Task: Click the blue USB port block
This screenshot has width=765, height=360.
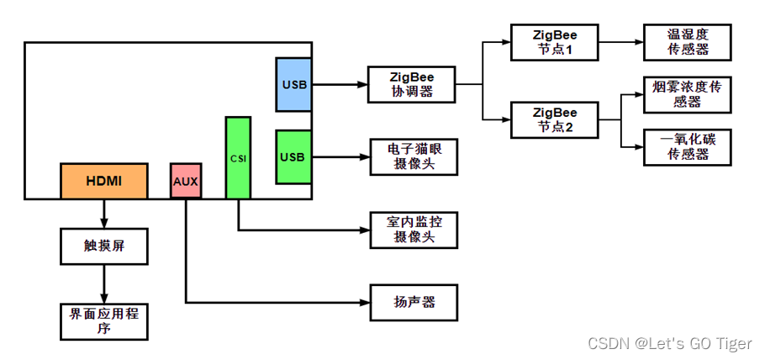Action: [x=293, y=84]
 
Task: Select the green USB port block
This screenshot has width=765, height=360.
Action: [x=293, y=156]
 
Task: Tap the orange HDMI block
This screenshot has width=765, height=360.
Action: [x=103, y=181]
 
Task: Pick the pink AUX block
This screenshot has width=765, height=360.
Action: [x=186, y=181]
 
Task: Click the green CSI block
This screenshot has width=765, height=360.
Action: [x=238, y=157]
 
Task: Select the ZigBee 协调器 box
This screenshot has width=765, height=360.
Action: [x=413, y=84]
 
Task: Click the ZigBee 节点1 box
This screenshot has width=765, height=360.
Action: [x=555, y=42]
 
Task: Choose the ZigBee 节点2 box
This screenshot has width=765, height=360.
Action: [x=555, y=119]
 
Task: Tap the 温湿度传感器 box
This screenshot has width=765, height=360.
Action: [x=687, y=42]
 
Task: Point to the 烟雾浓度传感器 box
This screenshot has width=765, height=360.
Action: [x=687, y=94]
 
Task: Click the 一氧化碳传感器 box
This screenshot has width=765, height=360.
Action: [x=687, y=146]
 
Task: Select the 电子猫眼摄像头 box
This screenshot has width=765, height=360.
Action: [x=414, y=156]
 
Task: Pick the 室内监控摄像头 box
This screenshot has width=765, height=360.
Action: [x=414, y=229]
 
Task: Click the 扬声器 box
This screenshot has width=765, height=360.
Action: [x=414, y=301]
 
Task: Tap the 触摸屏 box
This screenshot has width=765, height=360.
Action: [x=104, y=246]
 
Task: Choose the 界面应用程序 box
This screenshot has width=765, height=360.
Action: [x=104, y=320]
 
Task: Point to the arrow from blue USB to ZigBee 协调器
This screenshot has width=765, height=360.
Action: [x=340, y=84]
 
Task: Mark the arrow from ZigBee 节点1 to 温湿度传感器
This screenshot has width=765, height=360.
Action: [x=621, y=42]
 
